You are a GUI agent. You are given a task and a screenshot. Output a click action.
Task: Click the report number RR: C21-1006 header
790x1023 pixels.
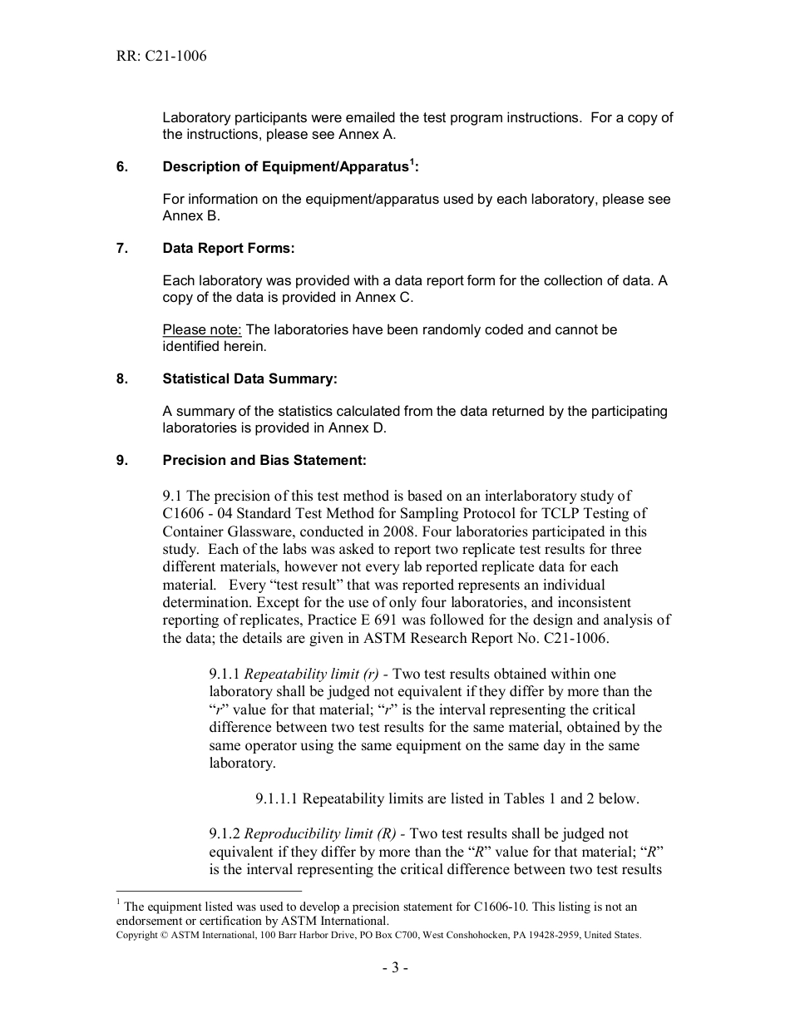[161, 57]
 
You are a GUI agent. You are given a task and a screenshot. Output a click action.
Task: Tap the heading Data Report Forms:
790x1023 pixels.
[229, 249]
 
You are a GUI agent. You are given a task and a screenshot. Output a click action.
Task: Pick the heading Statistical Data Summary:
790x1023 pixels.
[250, 379]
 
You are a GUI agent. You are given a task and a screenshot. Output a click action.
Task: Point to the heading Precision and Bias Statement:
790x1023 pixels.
[264, 460]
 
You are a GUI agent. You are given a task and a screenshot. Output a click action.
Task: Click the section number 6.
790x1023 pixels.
[122, 167]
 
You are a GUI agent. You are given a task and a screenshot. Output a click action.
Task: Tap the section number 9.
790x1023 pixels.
[122, 460]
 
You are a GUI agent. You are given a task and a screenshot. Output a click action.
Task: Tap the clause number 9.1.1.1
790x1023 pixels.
[277, 799]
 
